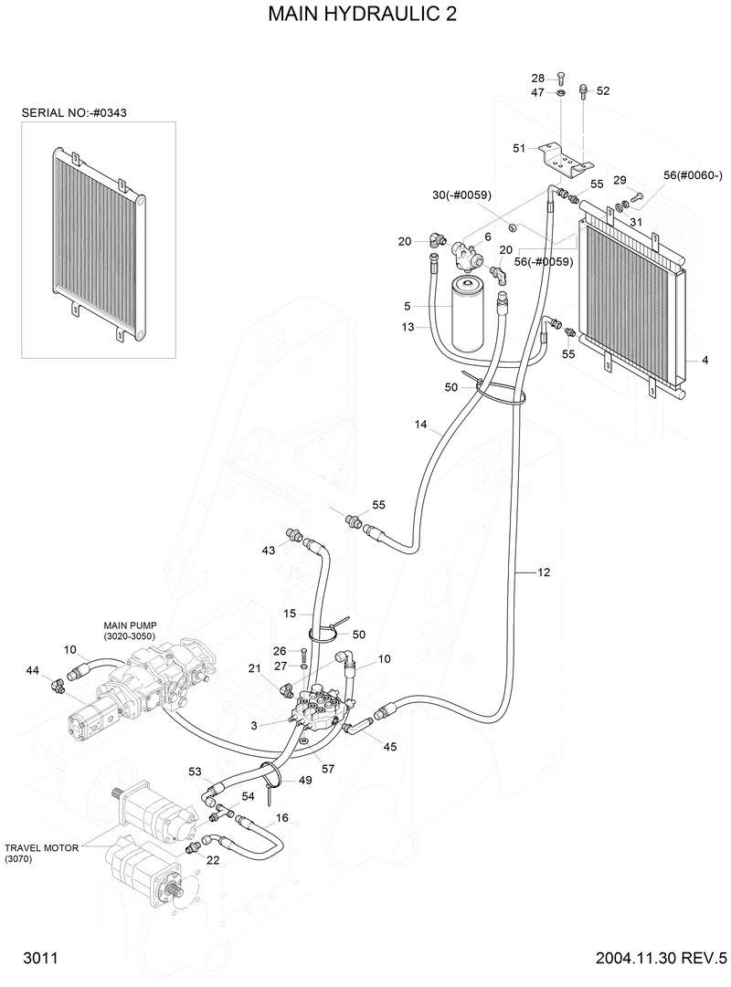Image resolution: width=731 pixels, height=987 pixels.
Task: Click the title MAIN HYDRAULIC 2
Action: click(x=363, y=16)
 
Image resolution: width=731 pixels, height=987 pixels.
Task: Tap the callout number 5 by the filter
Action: click(x=408, y=306)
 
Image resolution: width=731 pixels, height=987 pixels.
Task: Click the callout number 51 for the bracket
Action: click(x=519, y=149)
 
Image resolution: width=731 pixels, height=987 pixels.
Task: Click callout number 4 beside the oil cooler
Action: click(x=705, y=361)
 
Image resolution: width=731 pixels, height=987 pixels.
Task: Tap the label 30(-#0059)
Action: click(x=462, y=194)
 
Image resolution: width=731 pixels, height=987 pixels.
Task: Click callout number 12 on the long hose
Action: click(x=544, y=572)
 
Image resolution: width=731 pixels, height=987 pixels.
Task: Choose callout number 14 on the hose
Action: click(x=420, y=425)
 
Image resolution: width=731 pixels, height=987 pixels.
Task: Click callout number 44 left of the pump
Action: click(x=33, y=671)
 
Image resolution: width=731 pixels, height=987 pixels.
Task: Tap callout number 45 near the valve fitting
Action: click(x=390, y=747)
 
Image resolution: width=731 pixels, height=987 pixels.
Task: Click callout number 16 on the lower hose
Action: click(x=282, y=818)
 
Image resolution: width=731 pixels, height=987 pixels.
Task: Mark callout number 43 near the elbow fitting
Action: click(x=269, y=551)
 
